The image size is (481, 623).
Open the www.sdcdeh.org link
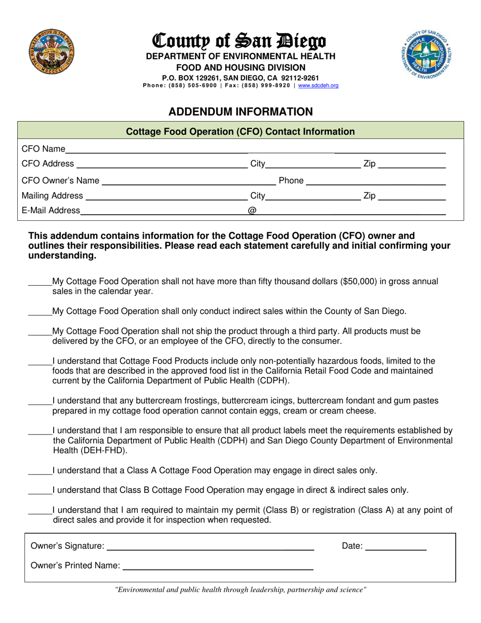[x=318, y=86]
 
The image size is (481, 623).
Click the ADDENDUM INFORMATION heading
[x=240, y=111]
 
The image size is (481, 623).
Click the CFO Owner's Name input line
[x=187, y=181]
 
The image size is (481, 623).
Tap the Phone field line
[x=376, y=181]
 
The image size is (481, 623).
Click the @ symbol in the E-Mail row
[x=252, y=211]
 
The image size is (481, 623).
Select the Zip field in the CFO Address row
[x=412, y=165]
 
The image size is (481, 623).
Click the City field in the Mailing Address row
[x=312, y=197]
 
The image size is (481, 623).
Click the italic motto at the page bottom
[x=240, y=590]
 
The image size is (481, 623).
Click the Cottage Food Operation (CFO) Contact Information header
[x=240, y=132]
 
